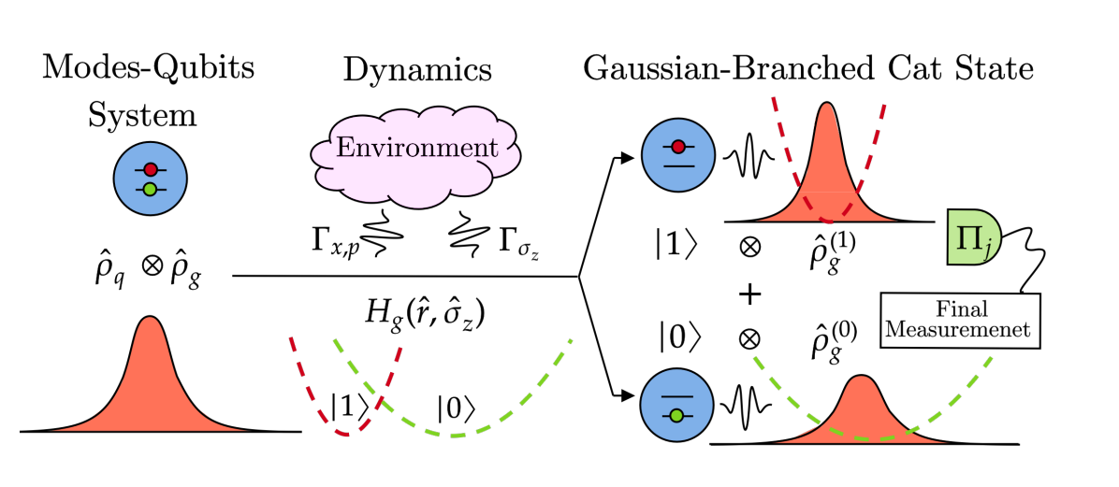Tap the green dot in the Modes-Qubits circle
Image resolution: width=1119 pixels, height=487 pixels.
(x=150, y=190)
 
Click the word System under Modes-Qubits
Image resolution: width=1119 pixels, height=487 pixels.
(x=142, y=117)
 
